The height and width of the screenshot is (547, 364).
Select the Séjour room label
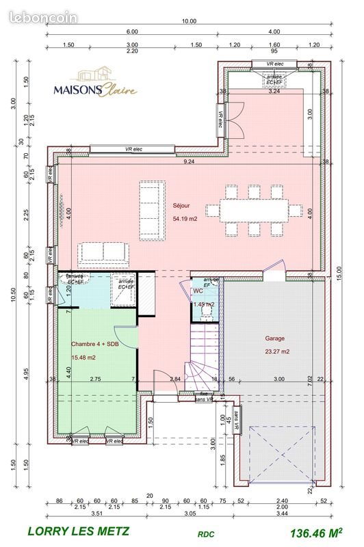click(181, 204)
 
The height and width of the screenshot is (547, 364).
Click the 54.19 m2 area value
click(186, 219)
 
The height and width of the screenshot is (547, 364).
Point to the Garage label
click(274, 338)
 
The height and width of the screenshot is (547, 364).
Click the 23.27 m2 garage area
click(277, 351)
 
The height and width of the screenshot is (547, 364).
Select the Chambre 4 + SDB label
click(94, 345)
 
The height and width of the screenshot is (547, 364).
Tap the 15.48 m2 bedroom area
click(84, 357)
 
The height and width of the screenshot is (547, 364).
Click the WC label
click(198, 291)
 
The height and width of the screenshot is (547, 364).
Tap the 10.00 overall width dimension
click(188, 21)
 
